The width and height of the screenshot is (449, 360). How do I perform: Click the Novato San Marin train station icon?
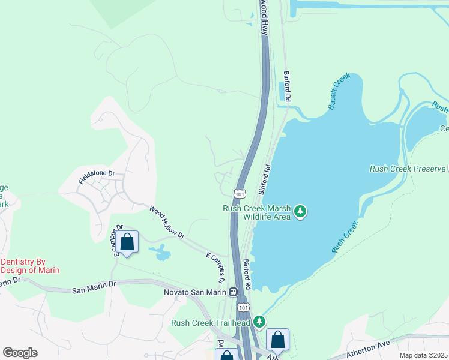[x=232, y=292]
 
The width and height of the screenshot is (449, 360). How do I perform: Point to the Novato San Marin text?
[x=194, y=292]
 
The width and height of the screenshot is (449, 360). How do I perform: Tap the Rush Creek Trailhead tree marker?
[x=259, y=322]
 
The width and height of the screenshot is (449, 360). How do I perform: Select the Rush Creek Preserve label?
[x=408, y=169]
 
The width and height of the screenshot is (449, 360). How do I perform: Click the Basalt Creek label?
[x=338, y=94]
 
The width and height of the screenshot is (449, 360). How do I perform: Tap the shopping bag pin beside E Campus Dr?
[x=127, y=242]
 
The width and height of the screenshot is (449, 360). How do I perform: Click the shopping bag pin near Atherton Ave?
[x=278, y=340]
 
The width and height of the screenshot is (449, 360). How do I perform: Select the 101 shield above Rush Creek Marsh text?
[x=240, y=194]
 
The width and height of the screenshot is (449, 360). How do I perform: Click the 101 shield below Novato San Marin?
[x=243, y=307]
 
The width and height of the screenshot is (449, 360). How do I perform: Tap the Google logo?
[x=20, y=353]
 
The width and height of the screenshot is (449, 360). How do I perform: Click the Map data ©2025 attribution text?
[x=423, y=355]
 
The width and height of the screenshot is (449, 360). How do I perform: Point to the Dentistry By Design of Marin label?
[x=30, y=266]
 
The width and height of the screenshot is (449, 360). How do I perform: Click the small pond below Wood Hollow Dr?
[x=162, y=255]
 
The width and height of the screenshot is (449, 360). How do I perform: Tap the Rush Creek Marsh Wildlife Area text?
[x=256, y=212]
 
